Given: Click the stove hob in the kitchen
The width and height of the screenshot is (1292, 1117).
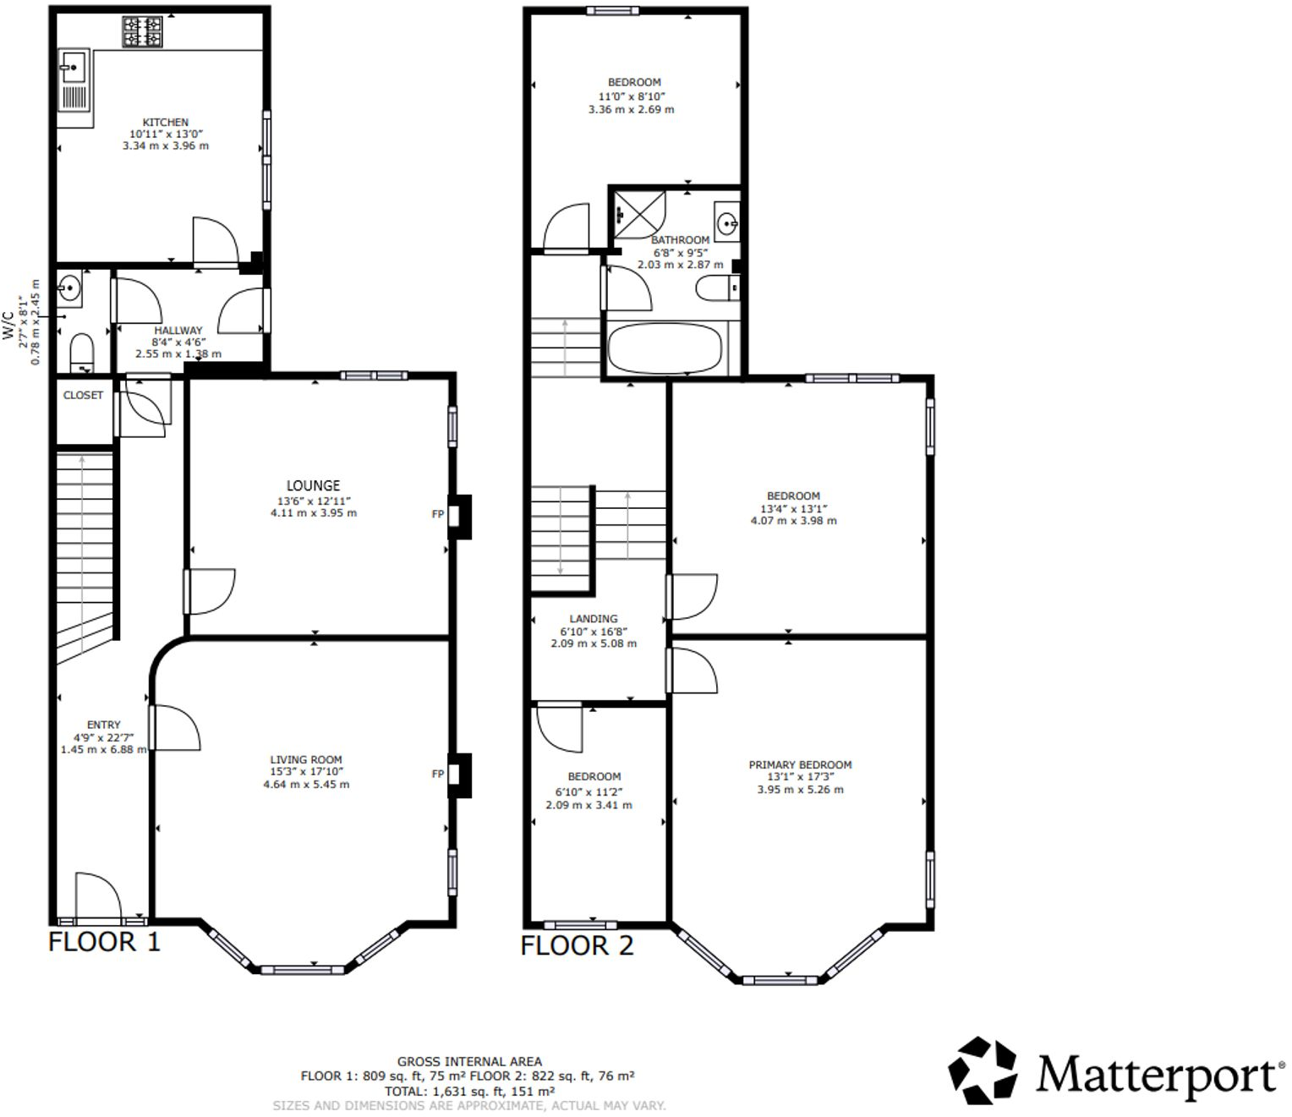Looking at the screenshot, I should pyautogui.click(x=142, y=32).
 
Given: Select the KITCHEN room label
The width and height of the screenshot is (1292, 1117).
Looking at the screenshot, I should pyautogui.click(x=165, y=123).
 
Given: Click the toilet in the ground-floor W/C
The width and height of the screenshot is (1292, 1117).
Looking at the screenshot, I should pyautogui.click(x=81, y=352).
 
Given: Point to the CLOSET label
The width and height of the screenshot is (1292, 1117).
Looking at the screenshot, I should pyautogui.click(x=83, y=395).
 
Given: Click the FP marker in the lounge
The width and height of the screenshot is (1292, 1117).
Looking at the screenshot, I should pyautogui.click(x=438, y=514).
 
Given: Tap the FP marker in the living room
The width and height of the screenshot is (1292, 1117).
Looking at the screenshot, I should pyautogui.click(x=438, y=774).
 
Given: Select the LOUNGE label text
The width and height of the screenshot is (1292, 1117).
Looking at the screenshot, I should pyautogui.click(x=313, y=485).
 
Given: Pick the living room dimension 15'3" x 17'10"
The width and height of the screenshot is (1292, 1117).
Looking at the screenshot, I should pyautogui.click(x=306, y=771).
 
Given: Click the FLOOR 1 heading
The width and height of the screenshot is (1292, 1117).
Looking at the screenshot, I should pyautogui.click(x=104, y=942).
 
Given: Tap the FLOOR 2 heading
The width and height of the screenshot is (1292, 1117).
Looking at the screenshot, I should pyautogui.click(x=577, y=945).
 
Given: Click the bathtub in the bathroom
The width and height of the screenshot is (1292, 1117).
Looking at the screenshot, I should pyautogui.click(x=665, y=348).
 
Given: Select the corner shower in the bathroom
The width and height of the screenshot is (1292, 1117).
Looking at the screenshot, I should pyautogui.click(x=638, y=213).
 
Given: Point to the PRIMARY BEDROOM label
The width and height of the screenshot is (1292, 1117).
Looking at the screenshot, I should pyautogui.click(x=800, y=764).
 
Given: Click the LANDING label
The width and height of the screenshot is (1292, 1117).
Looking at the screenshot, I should pyautogui.click(x=593, y=618).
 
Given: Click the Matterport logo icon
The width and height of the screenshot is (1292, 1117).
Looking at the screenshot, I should pyautogui.click(x=982, y=1070).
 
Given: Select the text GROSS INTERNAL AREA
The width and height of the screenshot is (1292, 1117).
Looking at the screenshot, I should pyautogui.click(x=469, y=1061).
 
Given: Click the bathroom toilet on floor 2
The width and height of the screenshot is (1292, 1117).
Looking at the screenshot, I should pyautogui.click(x=718, y=290).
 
